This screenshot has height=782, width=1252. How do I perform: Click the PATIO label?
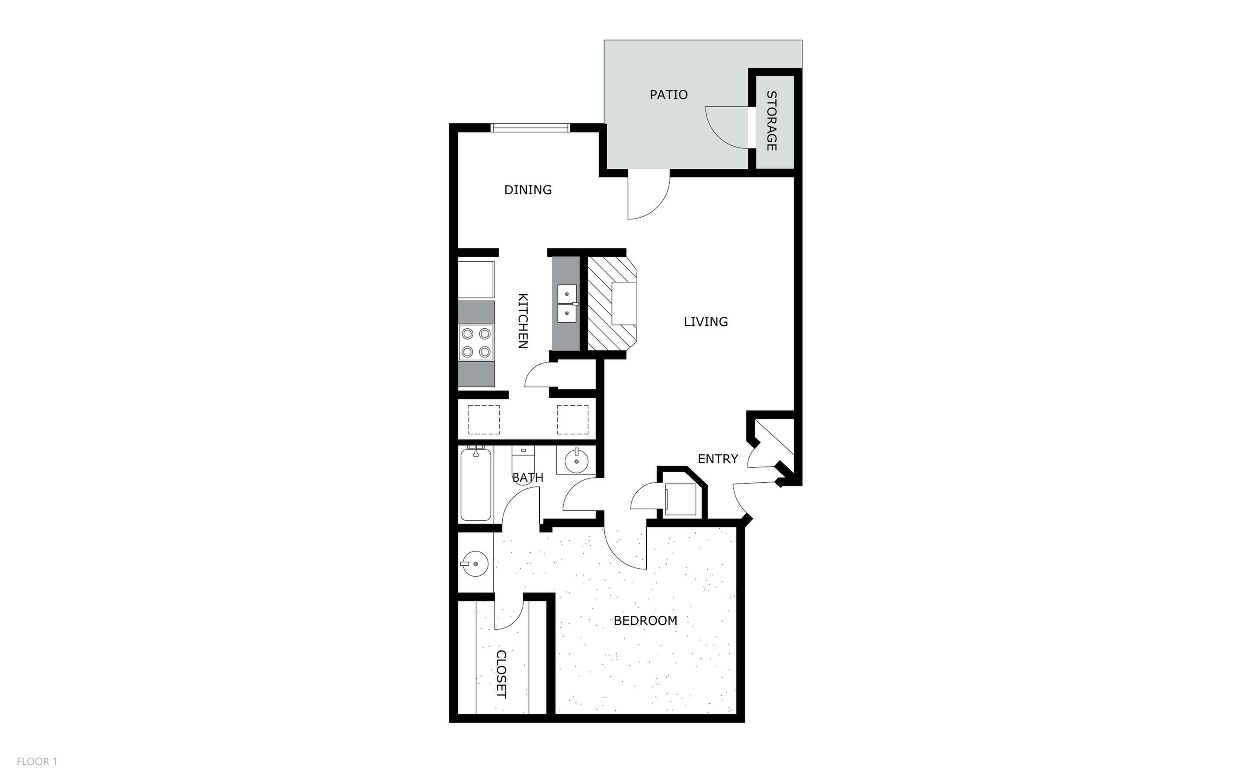[x=668, y=95]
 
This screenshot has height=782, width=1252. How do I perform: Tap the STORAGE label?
[x=771, y=121]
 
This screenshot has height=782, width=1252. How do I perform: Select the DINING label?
[x=527, y=190]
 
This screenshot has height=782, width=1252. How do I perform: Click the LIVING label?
[x=705, y=322]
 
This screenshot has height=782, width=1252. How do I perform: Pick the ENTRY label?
[x=717, y=459]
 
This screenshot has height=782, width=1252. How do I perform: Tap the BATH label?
[x=527, y=478]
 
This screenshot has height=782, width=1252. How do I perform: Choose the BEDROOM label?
[x=645, y=621]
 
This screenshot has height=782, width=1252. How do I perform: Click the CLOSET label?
[x=501, y=674]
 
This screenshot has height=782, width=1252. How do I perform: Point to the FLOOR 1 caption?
[x=37, y=761]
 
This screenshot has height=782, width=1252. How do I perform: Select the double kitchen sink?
[x=567, y=304]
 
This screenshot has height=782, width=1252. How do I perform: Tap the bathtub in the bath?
[x=476, y=484]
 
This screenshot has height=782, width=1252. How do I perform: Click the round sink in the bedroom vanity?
[x=475, y=564]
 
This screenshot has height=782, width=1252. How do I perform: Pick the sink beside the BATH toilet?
[x=575, y=461]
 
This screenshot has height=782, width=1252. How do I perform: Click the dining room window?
[x=530, y=128]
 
